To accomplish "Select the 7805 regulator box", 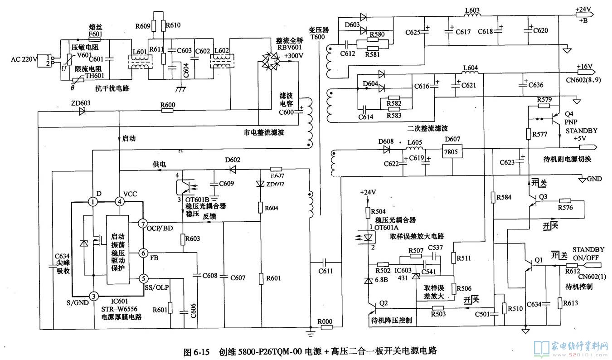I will tap(452, 152).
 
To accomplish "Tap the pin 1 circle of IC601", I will tap(93, 202).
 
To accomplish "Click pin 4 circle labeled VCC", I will tap(119, 202).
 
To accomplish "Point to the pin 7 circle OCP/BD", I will tap(143, 224).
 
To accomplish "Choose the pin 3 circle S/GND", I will tap(93, 296).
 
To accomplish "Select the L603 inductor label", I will tap(472, 10).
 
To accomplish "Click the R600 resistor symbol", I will tap(168, 112).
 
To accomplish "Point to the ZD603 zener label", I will tap(80, 103).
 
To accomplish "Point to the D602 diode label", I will tap(233, 160).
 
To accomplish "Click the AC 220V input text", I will tap(25, 59).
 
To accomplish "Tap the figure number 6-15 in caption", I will tap(202, 351).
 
